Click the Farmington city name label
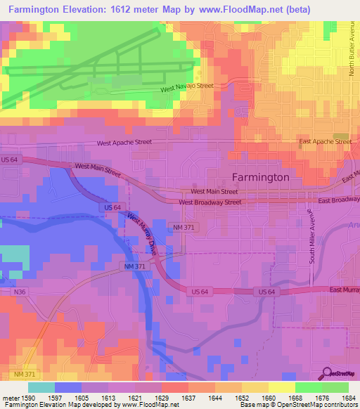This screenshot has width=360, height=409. tap(260, 177)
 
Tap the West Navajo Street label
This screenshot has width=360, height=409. tap(186, 87)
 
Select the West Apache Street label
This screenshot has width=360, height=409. tap(124, 142)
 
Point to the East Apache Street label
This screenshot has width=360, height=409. tap(325, 141)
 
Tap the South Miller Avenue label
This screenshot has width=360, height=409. tap(309, 240)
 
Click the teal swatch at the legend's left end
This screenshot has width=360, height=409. tap(41, 387)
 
